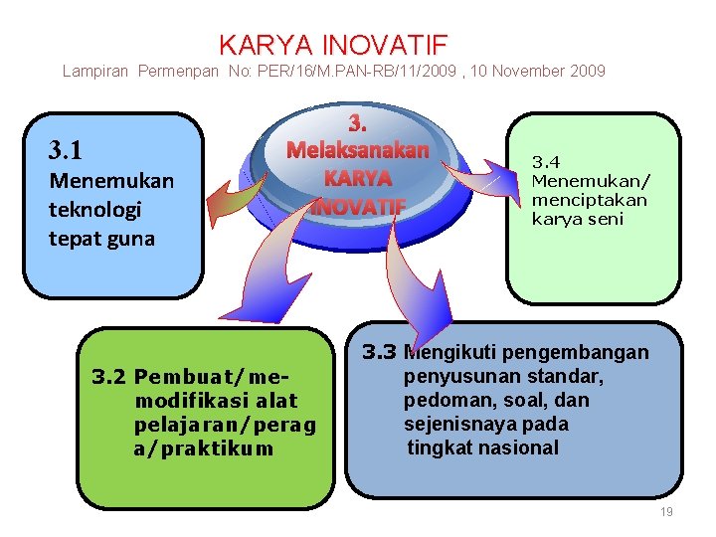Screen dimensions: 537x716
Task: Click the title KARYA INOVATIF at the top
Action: point(333,45)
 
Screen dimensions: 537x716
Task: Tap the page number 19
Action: point(665,511)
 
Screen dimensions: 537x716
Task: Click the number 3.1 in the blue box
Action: point(66,151)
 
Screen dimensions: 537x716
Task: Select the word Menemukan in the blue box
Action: point(110,181)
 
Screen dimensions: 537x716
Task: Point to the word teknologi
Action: point(94,210)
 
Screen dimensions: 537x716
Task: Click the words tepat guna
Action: point(101,239)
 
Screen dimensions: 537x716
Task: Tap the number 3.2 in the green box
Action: point(109,377)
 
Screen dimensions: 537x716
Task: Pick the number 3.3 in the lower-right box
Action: point(379,352)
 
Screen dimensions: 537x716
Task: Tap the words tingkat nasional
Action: point(483,447)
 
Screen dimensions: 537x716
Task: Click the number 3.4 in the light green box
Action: point(546,161)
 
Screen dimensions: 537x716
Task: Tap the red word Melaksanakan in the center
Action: point(357,150)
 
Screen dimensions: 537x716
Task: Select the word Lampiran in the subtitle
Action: point(96,71)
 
